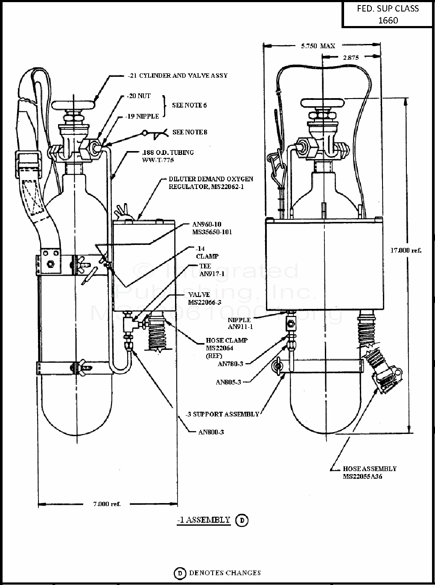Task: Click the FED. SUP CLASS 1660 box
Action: [388, 14]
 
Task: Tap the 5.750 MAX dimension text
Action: [318, 46]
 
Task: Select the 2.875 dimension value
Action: [350, 57]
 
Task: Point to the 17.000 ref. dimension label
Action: [406, 250]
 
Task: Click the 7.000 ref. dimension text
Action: [107, 504]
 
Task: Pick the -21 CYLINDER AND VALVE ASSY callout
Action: [178, 76]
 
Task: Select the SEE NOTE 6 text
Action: [190, 105]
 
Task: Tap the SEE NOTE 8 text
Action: [190, 132]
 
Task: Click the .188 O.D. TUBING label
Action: [168, 156]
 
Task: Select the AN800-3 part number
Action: [211, 432]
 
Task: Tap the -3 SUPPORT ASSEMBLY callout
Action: [222, 414]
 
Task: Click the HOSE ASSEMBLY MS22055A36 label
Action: [370, 472]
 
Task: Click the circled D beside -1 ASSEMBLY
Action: [242, 520]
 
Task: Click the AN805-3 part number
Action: [228, 382]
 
